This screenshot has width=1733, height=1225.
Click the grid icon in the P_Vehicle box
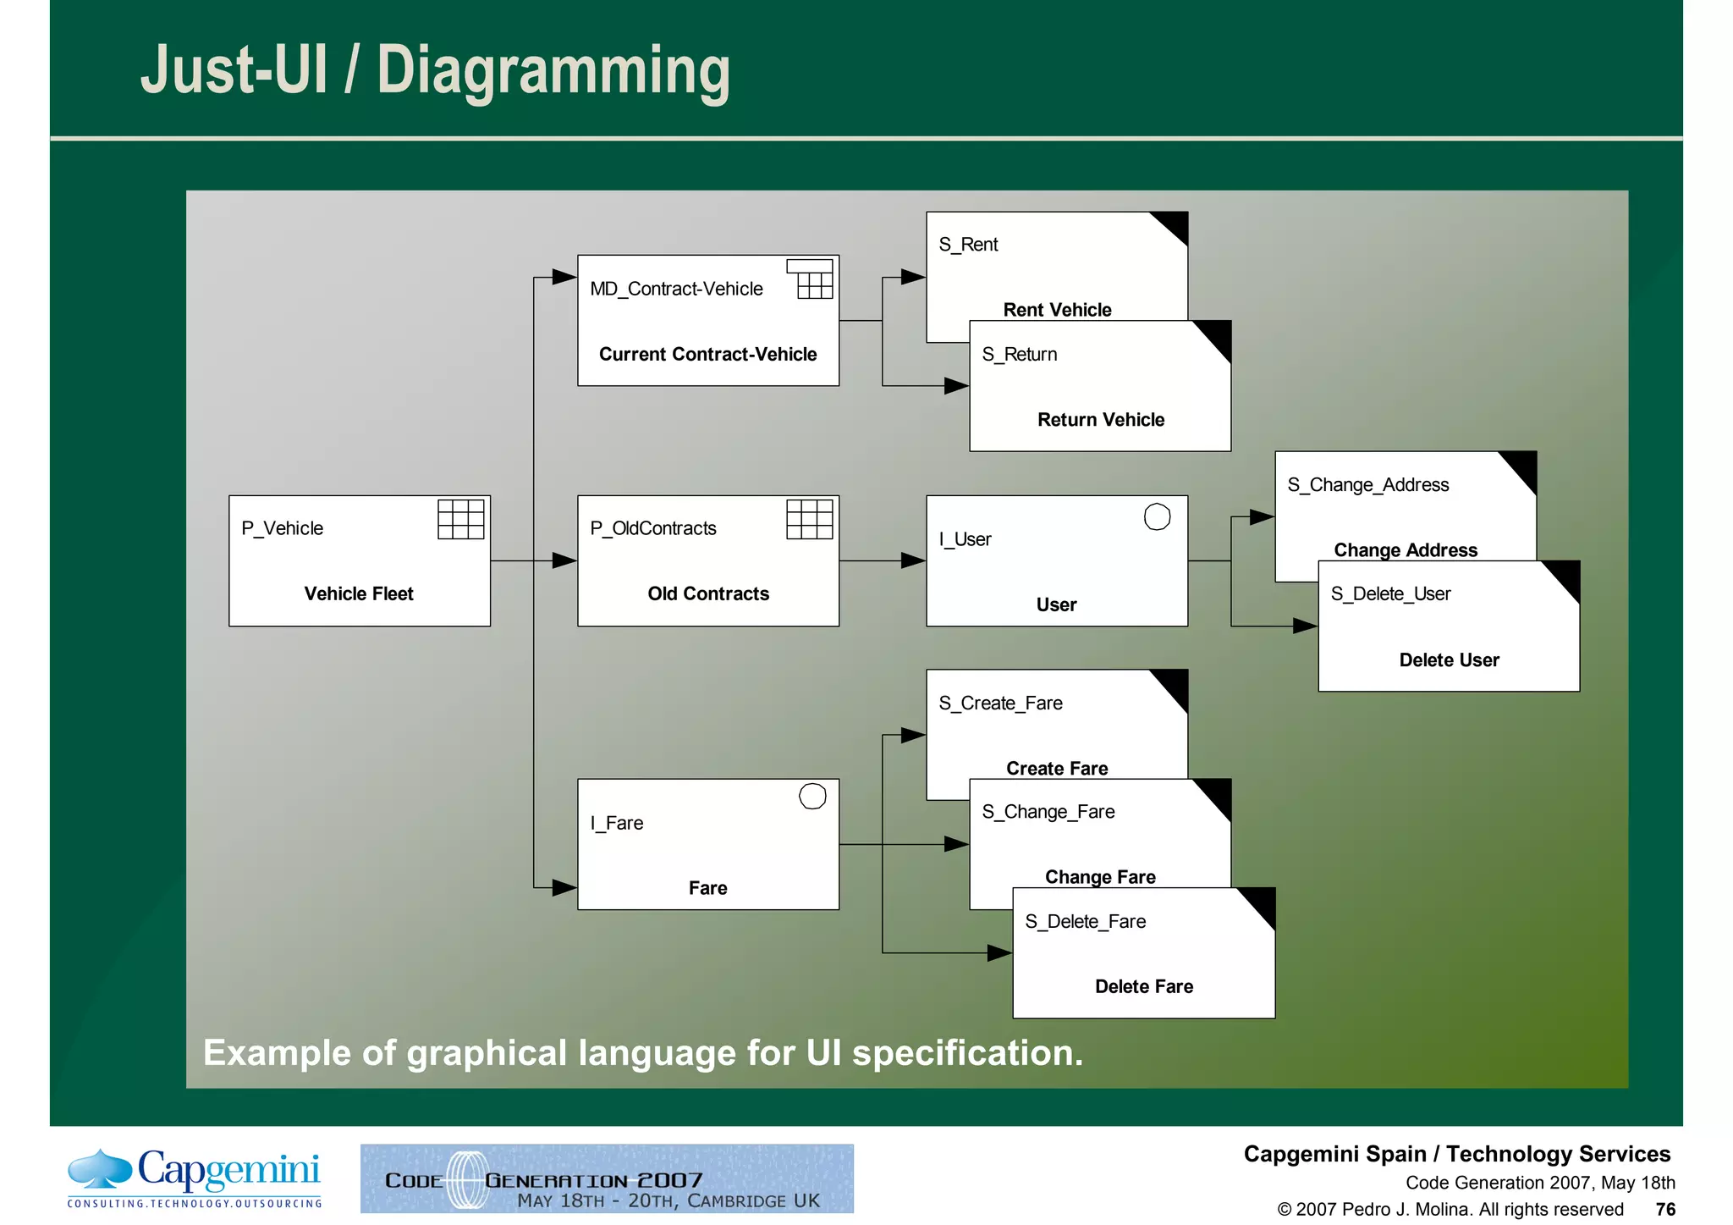[460, 519]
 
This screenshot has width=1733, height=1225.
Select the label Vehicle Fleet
[359, 593]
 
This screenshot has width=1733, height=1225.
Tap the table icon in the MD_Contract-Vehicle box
[811, 279]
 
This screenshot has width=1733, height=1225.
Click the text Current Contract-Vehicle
[707, 354]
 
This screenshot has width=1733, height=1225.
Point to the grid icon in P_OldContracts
[809, 519]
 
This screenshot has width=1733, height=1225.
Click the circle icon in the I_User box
[1157, 516]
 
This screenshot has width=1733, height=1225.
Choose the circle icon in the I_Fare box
[812, 796]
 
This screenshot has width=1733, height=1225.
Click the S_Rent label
[968, 245]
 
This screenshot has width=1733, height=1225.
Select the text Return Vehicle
[1100, 420]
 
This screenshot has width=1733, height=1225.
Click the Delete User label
[1449, 660]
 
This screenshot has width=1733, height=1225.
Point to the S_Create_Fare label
[1000, 704]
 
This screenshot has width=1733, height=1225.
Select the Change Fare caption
[1100, 877]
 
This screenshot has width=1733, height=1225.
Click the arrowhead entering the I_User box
[913, 560]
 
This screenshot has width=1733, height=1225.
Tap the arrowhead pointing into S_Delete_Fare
[999, 953]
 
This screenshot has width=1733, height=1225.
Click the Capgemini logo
[195, 1177]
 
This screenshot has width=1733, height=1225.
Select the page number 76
[1665, 1209]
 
